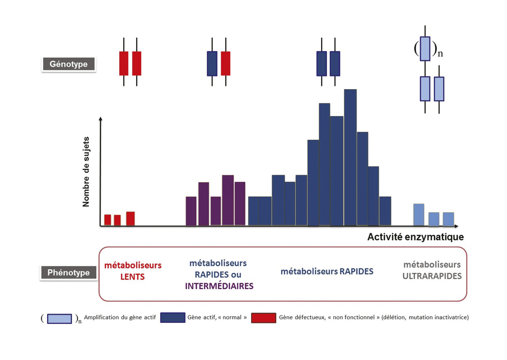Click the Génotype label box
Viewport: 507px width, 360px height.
tap(69, 64)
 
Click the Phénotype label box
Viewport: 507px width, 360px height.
tap(68, 273)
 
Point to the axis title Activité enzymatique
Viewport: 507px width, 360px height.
tap(415, 237)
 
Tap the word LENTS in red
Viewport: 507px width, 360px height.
tap(132, 277)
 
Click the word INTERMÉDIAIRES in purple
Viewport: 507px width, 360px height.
tap(219, 286)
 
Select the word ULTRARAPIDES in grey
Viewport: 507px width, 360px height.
tap(432, 276)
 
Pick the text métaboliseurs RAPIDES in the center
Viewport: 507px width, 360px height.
tap(327, 272)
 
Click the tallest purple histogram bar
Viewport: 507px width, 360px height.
tap(228, 200)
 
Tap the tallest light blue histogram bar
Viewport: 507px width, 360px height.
tap(419, 215)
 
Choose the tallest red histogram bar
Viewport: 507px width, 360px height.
tap(130, 219)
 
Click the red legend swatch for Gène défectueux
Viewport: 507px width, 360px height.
tap(263, 318)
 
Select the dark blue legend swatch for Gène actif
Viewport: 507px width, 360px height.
tap(173, 318)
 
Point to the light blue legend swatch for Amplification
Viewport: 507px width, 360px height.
tap(59, 318)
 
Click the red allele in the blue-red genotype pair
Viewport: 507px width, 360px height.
tap(225, 63)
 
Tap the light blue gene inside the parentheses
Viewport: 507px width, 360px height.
tap(425, 48)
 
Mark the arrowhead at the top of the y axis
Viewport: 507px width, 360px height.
tap(101, 119)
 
